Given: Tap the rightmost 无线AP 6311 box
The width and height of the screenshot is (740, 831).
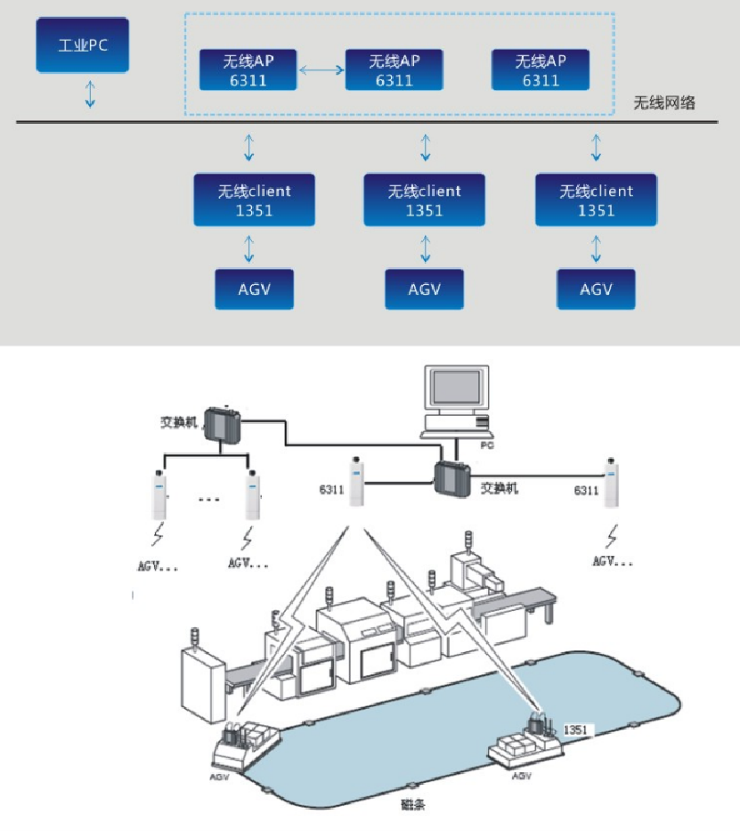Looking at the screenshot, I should click(540, 69).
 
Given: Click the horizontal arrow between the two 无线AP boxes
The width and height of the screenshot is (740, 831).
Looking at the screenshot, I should click(321, 69).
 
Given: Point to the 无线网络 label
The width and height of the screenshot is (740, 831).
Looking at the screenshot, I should click(663, 103).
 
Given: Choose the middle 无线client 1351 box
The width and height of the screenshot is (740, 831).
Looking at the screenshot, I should click(425, 200).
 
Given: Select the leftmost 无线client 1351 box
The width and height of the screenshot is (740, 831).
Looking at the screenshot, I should click(254, 200).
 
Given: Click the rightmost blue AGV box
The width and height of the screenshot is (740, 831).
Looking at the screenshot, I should click(596, 289).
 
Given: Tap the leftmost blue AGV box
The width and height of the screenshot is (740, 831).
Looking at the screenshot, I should click(254, 289).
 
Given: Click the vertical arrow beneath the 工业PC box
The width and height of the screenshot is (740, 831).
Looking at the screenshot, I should click(90, 94).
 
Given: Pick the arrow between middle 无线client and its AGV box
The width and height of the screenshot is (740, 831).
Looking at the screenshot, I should click(425, 248).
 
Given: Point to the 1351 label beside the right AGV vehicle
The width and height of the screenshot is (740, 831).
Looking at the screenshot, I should click(576, 729).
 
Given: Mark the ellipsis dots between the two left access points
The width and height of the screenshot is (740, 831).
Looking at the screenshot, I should click(207, 497).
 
